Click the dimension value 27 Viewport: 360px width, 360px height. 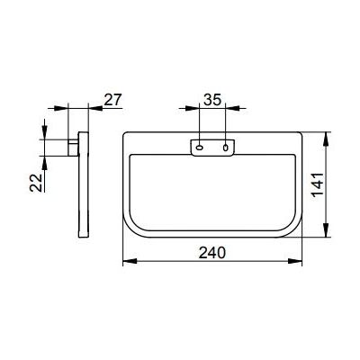pos(113,100)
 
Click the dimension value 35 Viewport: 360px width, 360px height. pos(212,100)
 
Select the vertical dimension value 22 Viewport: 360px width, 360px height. pos(36,183)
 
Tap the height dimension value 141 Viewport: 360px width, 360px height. pos(318,185)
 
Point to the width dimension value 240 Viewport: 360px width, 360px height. pos(212,253)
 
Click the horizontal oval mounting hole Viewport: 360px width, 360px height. pos(200,148)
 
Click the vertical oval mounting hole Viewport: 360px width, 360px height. pos(226,148)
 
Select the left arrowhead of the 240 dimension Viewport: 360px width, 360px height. pos(130,262)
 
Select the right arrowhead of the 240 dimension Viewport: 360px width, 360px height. pos(295,262)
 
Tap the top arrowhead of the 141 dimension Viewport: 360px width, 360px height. pos(327,139)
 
